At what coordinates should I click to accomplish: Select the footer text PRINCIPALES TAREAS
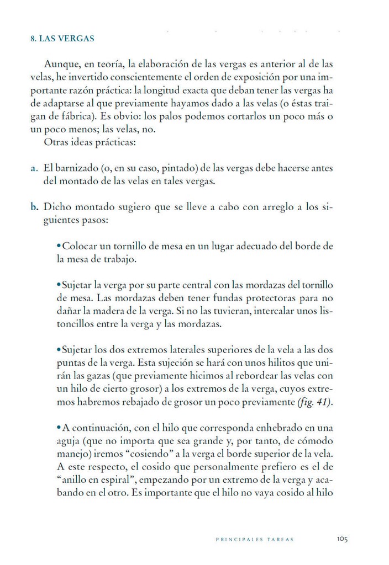coord(255,540)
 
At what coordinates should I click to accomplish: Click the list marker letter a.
coord(34,168)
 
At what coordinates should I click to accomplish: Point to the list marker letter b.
coord(34,207)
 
